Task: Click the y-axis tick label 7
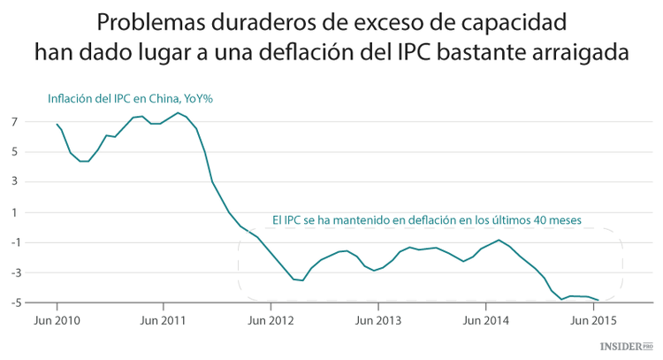(x=16, y=121)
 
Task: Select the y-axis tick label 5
(x=16, y=151)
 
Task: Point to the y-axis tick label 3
(x=16, y=182)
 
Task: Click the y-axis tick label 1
(x=16, y=212)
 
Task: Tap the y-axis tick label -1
(x=14, y=242)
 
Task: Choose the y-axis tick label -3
(x=14, y=273)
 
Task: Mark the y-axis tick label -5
(x=14, y=303)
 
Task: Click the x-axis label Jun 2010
(x=57, y=319)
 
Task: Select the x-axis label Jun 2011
(x=163, y=319)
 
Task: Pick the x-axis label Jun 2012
(x=271, y=319)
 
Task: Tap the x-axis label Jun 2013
(x=377, y=319)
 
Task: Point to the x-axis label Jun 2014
(x=484, y=319)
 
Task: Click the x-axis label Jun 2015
(x=591, y=319)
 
